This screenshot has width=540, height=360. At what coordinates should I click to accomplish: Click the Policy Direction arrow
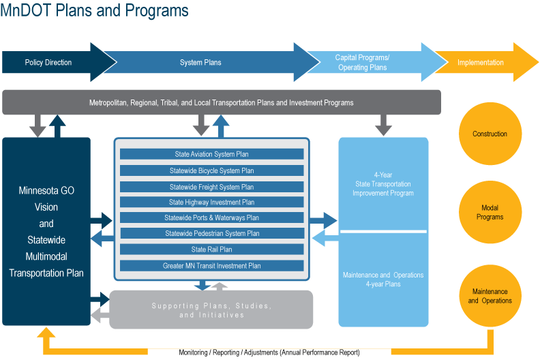[48, 63]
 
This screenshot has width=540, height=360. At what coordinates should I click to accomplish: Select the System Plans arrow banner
[200, 63]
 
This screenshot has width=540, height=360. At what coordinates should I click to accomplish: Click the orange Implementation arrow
[481, 63]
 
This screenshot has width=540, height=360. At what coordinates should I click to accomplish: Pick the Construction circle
[490, 134]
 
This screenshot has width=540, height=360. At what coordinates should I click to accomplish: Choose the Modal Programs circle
[490, 213]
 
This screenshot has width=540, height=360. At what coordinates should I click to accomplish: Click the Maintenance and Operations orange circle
[490, 296]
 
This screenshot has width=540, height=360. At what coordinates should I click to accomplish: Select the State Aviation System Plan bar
[211, 154]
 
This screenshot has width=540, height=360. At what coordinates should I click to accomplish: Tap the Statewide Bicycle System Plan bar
[211, 170]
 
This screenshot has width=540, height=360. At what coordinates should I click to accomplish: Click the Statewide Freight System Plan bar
[211, 187]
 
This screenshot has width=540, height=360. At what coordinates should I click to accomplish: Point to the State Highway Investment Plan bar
[211, 202]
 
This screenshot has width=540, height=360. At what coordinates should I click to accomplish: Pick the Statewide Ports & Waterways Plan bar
[211, 218]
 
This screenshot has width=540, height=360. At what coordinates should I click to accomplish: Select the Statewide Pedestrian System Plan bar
[211, 234]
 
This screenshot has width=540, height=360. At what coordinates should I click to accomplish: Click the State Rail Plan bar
[211, 250]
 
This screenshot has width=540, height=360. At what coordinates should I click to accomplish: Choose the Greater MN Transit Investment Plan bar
[211, 266]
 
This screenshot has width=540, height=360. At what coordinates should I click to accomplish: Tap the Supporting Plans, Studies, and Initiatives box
[211, 310]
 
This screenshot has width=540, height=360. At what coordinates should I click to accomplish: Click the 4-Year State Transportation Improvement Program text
[383, 184]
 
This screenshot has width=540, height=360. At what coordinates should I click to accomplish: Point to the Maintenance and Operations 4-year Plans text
[383, 280]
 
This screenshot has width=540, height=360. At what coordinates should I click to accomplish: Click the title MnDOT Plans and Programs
[95, 12]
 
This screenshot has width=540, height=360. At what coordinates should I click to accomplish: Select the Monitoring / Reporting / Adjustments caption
[269, 352]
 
